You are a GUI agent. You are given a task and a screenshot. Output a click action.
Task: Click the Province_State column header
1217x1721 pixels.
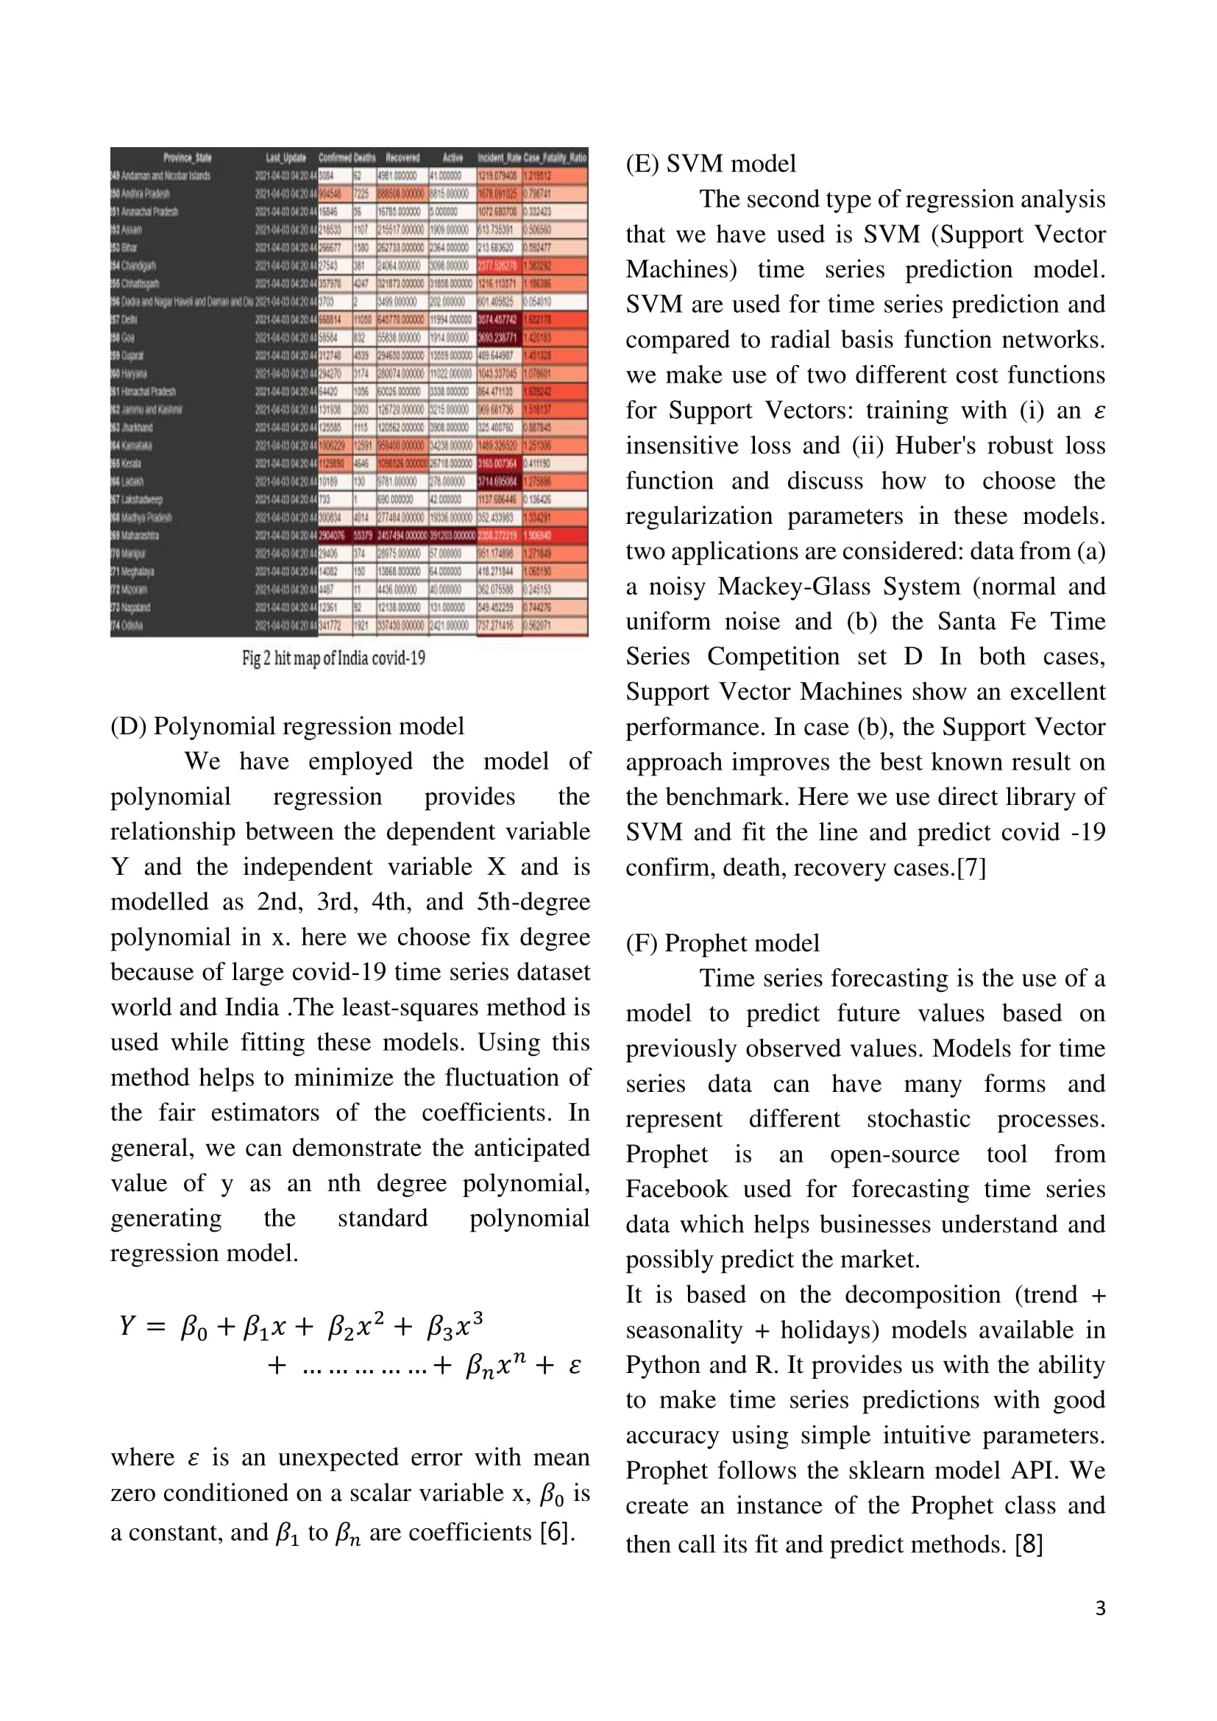tap(188, 157)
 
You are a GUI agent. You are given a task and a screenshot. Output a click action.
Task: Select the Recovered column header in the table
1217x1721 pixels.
tap(402, 157)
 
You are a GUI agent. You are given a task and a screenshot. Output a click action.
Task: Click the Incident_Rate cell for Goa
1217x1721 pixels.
tap(497, 337)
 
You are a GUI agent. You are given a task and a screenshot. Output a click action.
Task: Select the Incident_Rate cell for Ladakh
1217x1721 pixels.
tap(497, 481)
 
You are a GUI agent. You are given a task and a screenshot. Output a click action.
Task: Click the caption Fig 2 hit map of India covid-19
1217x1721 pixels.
tap(333, 658)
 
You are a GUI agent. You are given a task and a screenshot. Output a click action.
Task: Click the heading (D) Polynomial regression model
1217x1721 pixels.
tap(287, 725)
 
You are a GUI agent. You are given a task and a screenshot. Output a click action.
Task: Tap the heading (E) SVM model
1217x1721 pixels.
tap(711, 163)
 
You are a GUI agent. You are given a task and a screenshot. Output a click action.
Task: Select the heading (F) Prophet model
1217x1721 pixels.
tap(723, 943)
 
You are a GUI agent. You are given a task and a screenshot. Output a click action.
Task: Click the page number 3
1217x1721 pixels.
tap(1099, 1608)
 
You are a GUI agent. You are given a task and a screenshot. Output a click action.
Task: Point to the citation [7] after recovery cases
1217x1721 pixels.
tap(971, 867)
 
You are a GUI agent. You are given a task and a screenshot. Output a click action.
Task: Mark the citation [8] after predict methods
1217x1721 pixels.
tap(1029, 1544)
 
